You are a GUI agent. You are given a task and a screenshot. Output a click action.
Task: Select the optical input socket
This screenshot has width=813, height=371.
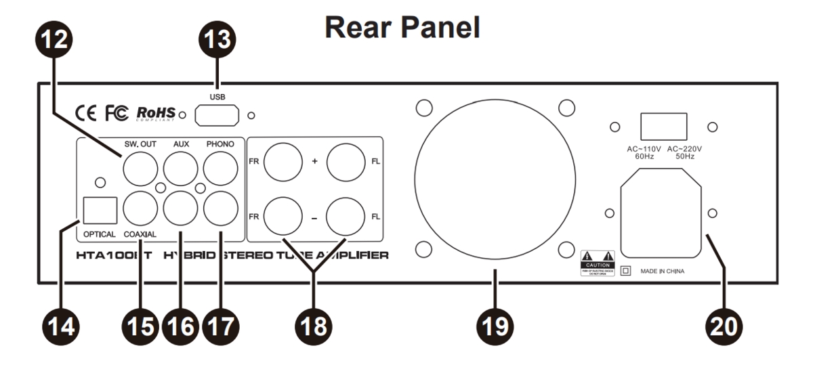coord(99,211)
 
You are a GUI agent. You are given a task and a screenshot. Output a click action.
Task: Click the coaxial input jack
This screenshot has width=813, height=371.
coord(140,210)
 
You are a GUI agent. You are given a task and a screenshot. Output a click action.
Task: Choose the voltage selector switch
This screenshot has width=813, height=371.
coord(664,126)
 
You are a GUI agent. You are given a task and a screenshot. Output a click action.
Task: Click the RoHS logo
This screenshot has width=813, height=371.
coord(156,112)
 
